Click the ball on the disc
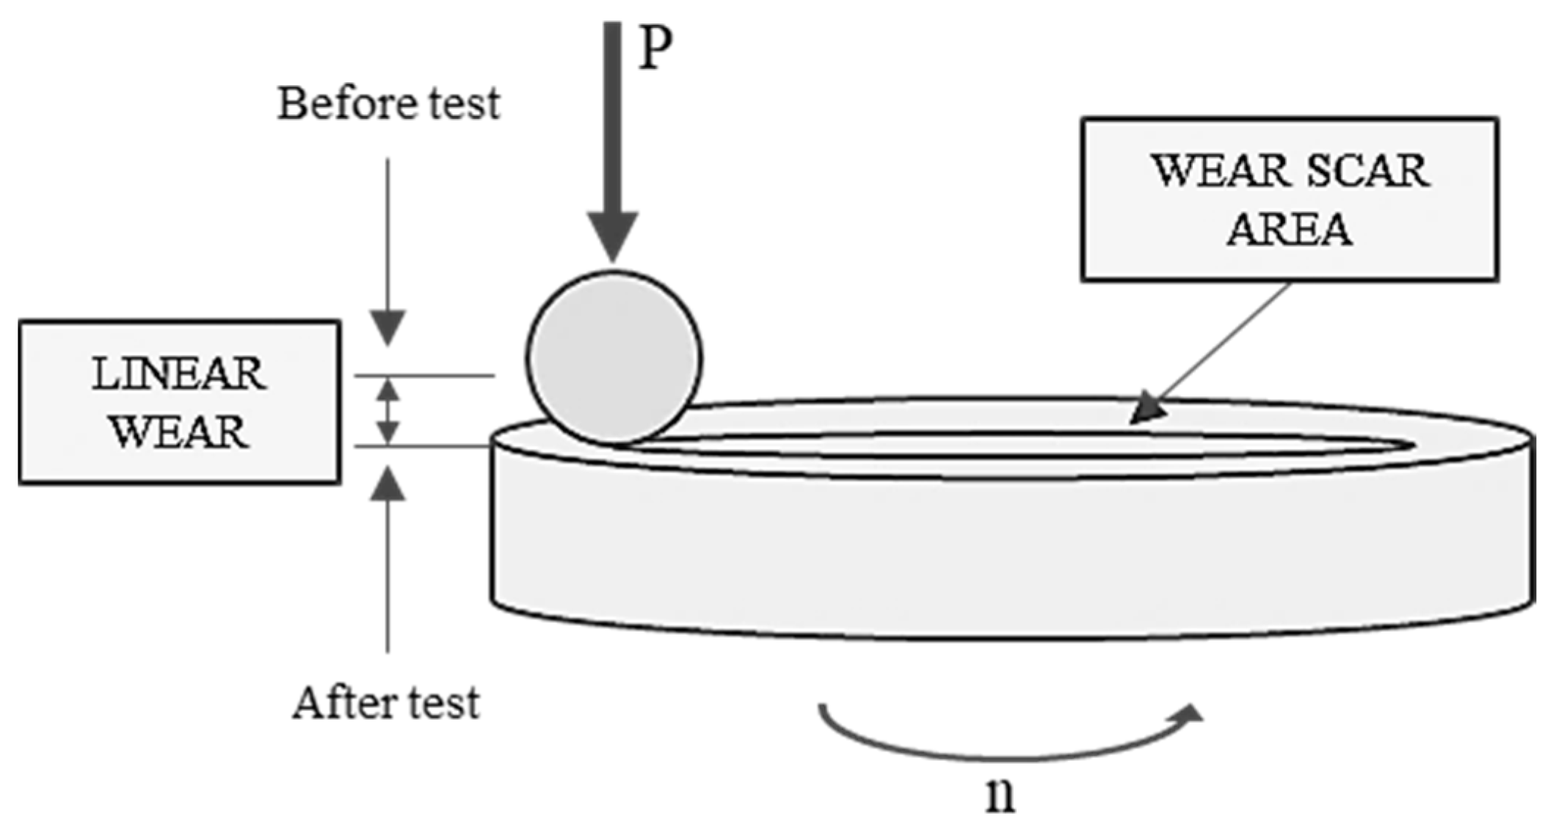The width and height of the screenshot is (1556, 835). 614,357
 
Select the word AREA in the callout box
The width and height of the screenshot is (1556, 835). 1290,229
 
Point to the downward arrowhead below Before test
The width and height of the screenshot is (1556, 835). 388,327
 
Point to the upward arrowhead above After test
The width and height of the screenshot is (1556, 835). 388,485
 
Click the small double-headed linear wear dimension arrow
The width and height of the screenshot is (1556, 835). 388,410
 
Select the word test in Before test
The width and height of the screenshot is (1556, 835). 465,103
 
